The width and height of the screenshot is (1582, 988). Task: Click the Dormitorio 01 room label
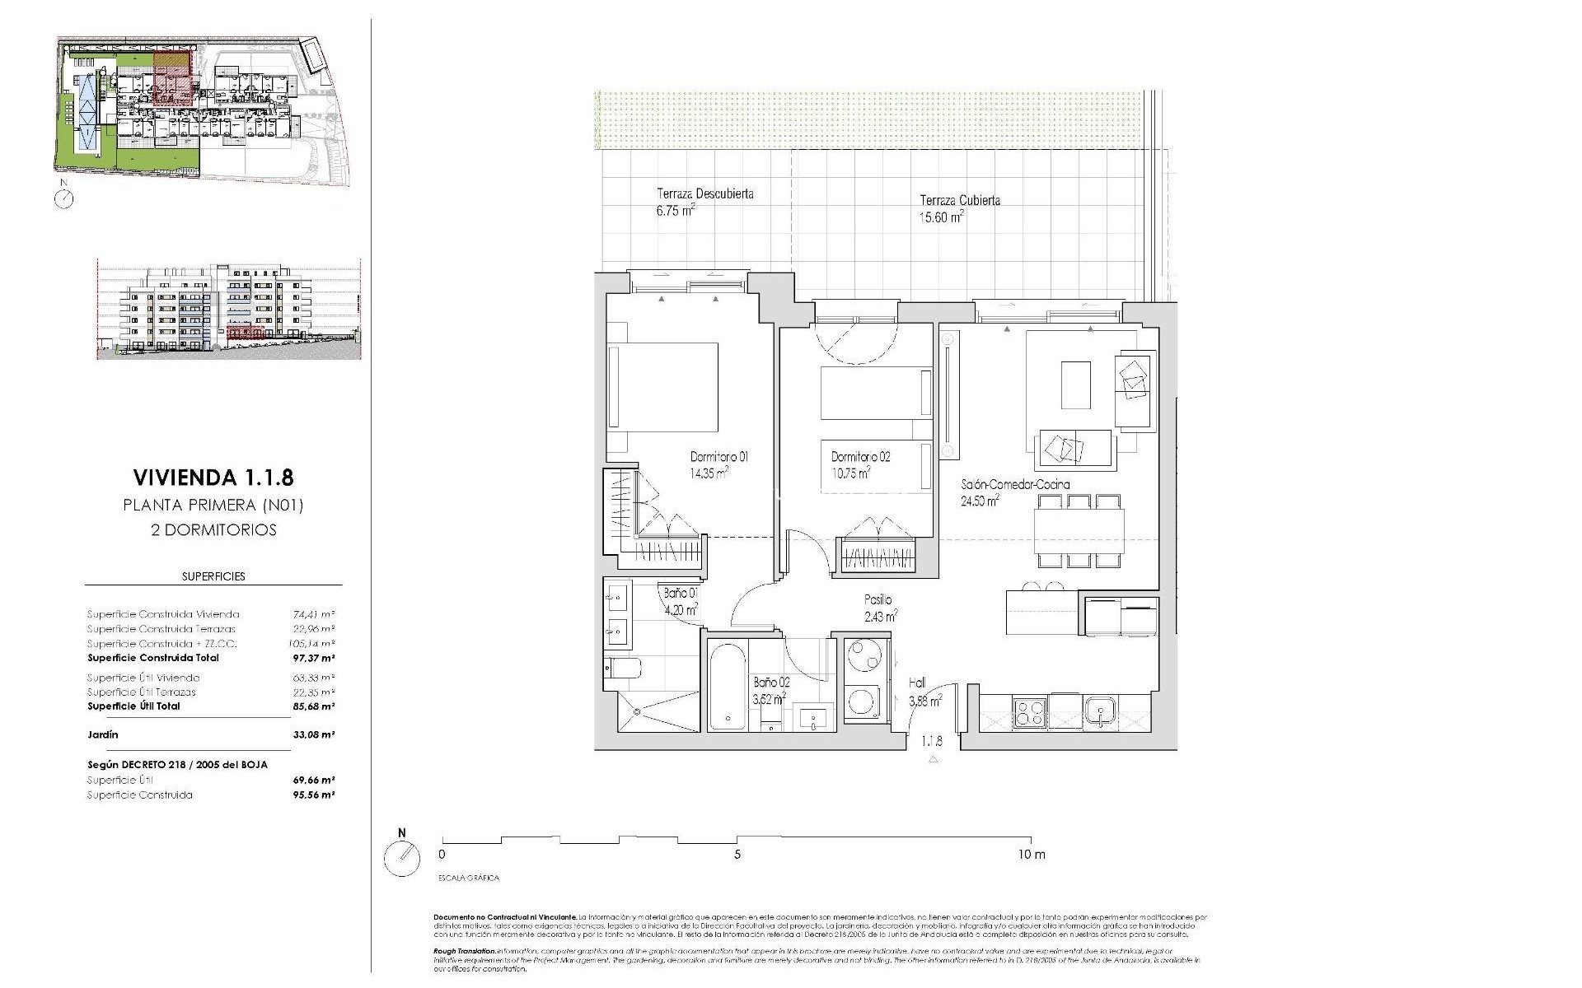pyautogui.click(x=718, y=457)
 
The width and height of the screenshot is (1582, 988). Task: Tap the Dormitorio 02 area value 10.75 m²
pyautogui.click(x=850, y=473)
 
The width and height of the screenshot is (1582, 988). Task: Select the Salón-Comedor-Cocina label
pyautogui.click(x=1015, y=485)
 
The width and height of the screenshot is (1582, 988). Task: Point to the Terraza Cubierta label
pyautogui.click(x=960, y=200)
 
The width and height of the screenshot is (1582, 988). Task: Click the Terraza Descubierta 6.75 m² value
pyautogui.click(x=675, y=210)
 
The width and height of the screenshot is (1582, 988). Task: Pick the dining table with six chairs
pyautogui.click(x=1079, y=531)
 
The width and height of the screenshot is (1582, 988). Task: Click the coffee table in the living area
pyautogui.click(x=1074, y=384)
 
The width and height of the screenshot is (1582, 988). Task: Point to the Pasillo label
pyautogui.click(x=878, y=600)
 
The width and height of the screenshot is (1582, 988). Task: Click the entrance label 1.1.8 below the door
pyautogui.click(x=932, y=741)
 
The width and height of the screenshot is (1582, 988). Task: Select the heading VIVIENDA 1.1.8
pyautogui.click(x=213, y=478)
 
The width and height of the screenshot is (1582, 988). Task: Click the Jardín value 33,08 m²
pyautogui.click(x=313, y=734)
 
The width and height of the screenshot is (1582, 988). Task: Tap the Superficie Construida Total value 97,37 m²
pyautogui.click(x=313, y=659)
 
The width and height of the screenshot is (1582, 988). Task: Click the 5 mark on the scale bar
pyautogui.click(x=737, y=855)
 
